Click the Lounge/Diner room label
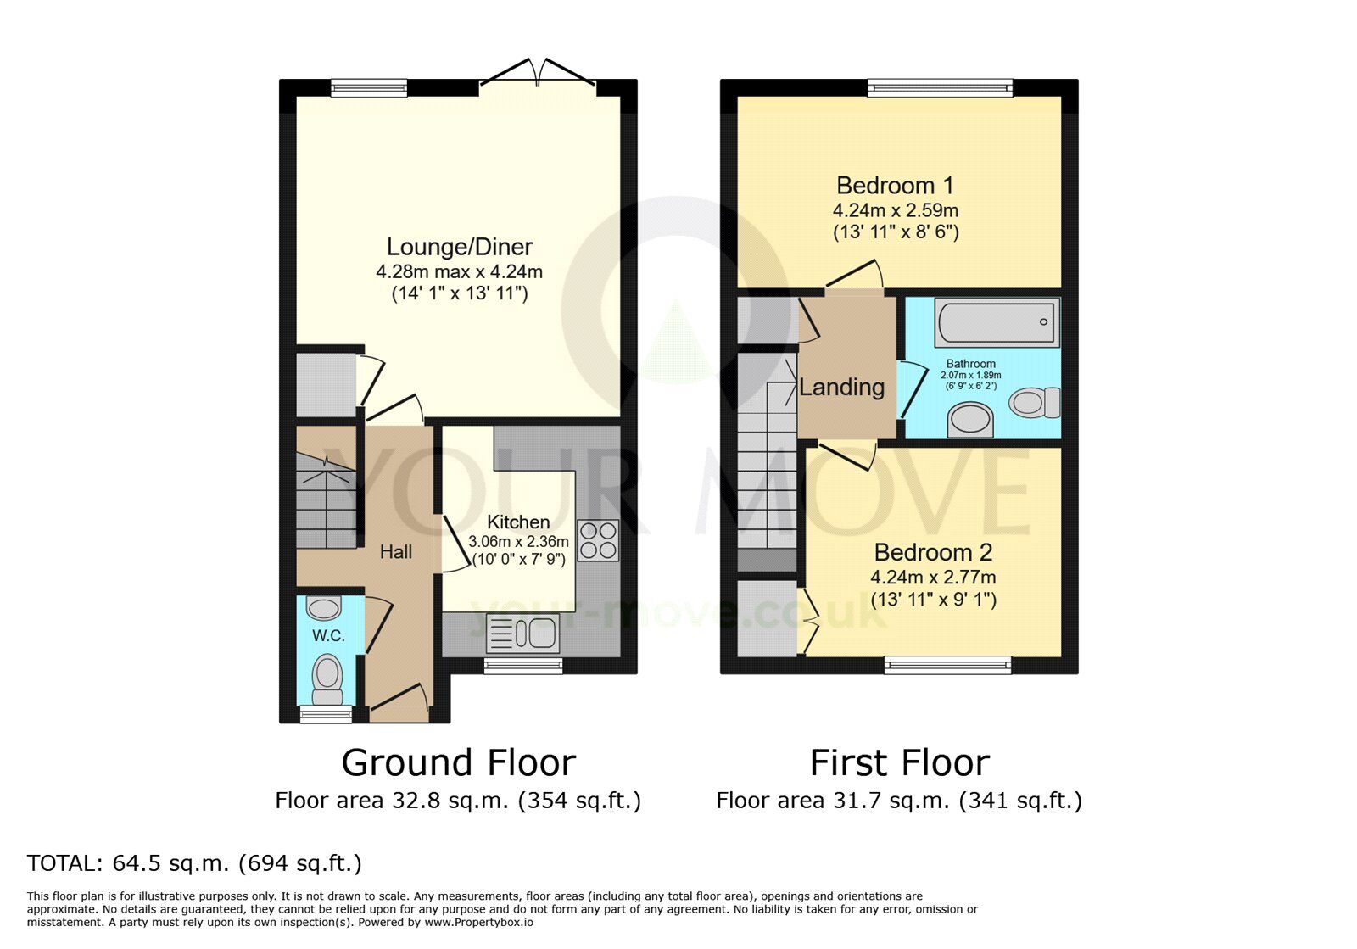click(x=459, y=247)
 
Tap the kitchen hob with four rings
click(x=598, y=540)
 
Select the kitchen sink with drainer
click(x=522, y=634)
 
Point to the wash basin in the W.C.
click(x=323, y=608)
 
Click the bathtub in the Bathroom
click(x=997, y=322)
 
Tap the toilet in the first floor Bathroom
click(x=1036, y=403)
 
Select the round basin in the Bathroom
click(x=970, y=421)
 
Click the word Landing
click(x=841, y=387)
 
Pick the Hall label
click(x=395, y=552)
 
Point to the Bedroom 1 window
click(x=941, y=88)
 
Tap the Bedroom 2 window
click(x=947, y=666)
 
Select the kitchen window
click(x=522, y=667)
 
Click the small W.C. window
click(x=326, y=715)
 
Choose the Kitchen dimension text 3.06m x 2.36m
click(x=518, y=541)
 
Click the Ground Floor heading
click(x=459, y=762)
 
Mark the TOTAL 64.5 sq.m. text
click(x=194, y=863)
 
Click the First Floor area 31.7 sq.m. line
click(x=899, y=801)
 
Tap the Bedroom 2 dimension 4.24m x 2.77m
click(x=933, y=578)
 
